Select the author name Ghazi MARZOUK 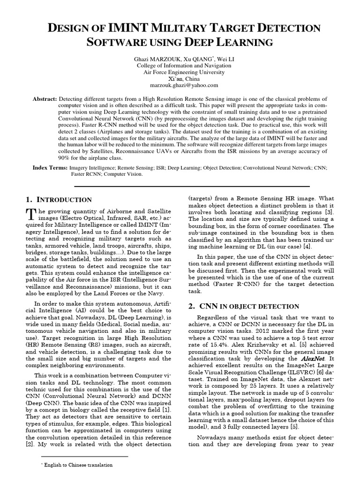156,59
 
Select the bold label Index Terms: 50,167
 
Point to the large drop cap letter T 31,214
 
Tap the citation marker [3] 330,213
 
